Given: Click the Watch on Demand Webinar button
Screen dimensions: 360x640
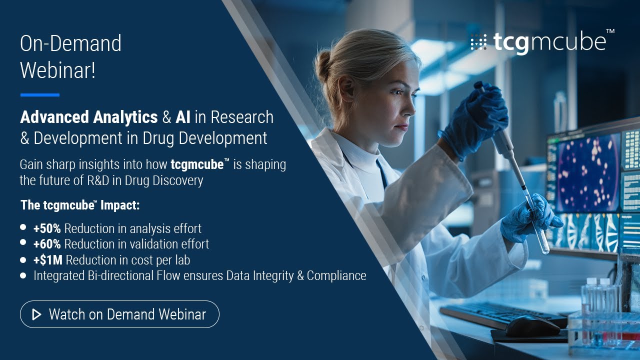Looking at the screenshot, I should tap(119, 314).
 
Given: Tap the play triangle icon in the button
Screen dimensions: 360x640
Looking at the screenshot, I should tap(36, 314).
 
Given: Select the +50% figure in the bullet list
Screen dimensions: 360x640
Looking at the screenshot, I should tap(47, 228).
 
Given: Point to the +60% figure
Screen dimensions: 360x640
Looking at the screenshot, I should tap(47, 244).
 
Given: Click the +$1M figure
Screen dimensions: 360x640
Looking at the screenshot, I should tap(48, 260).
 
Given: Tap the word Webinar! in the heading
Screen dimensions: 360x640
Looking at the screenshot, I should tap(57, 70).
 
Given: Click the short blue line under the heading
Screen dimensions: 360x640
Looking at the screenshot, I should tap(39, 94).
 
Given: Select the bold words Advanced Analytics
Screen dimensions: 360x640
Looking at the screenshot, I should tap(89, 117).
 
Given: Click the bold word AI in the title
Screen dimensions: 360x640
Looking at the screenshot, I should tap(183, 117).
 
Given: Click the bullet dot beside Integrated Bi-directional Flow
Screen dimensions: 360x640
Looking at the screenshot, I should tap(23, 275).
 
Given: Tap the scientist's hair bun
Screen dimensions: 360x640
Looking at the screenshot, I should tap(323, 65).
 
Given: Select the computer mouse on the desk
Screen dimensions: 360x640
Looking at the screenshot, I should tap(532, 325).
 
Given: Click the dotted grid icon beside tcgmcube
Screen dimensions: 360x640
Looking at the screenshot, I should tap(478, 42).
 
